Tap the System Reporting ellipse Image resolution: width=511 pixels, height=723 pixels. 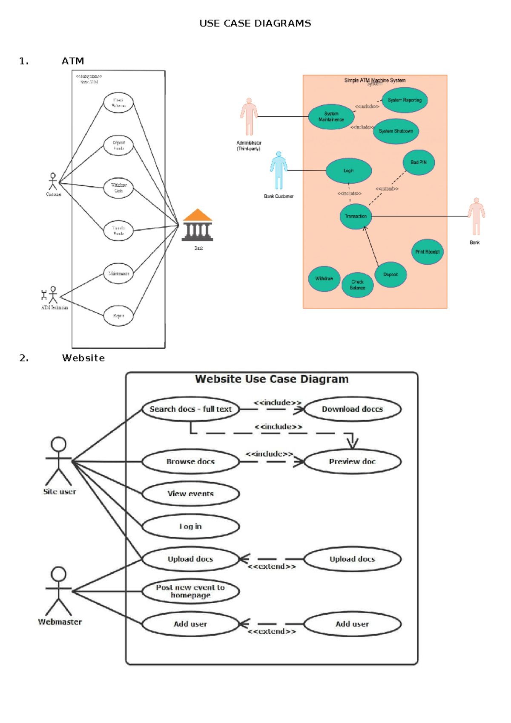[405, 100]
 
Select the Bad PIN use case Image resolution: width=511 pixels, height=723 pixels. [419, 162]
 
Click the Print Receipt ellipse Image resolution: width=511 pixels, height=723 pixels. [427, 252]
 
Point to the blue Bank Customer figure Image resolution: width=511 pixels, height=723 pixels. [279, 171]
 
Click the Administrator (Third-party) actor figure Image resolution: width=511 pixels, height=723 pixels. [249, 117]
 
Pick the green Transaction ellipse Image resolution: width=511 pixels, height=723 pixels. [356, 217]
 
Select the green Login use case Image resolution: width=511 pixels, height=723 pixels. [349, 171]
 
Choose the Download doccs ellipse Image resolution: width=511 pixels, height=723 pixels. [352, 409]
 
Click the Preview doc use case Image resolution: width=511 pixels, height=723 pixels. [352, 461]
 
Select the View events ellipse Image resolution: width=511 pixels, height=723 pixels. [190, 494]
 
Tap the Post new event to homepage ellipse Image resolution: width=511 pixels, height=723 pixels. [190, 591]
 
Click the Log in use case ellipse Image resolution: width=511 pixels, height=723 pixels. [190, 526]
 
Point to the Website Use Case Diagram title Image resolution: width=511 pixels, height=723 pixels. [272, 379]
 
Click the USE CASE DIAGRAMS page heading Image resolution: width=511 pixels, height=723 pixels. [255, 23]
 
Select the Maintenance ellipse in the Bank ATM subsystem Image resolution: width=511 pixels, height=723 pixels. [118, 273]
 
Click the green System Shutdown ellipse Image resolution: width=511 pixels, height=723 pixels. [396, 131]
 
